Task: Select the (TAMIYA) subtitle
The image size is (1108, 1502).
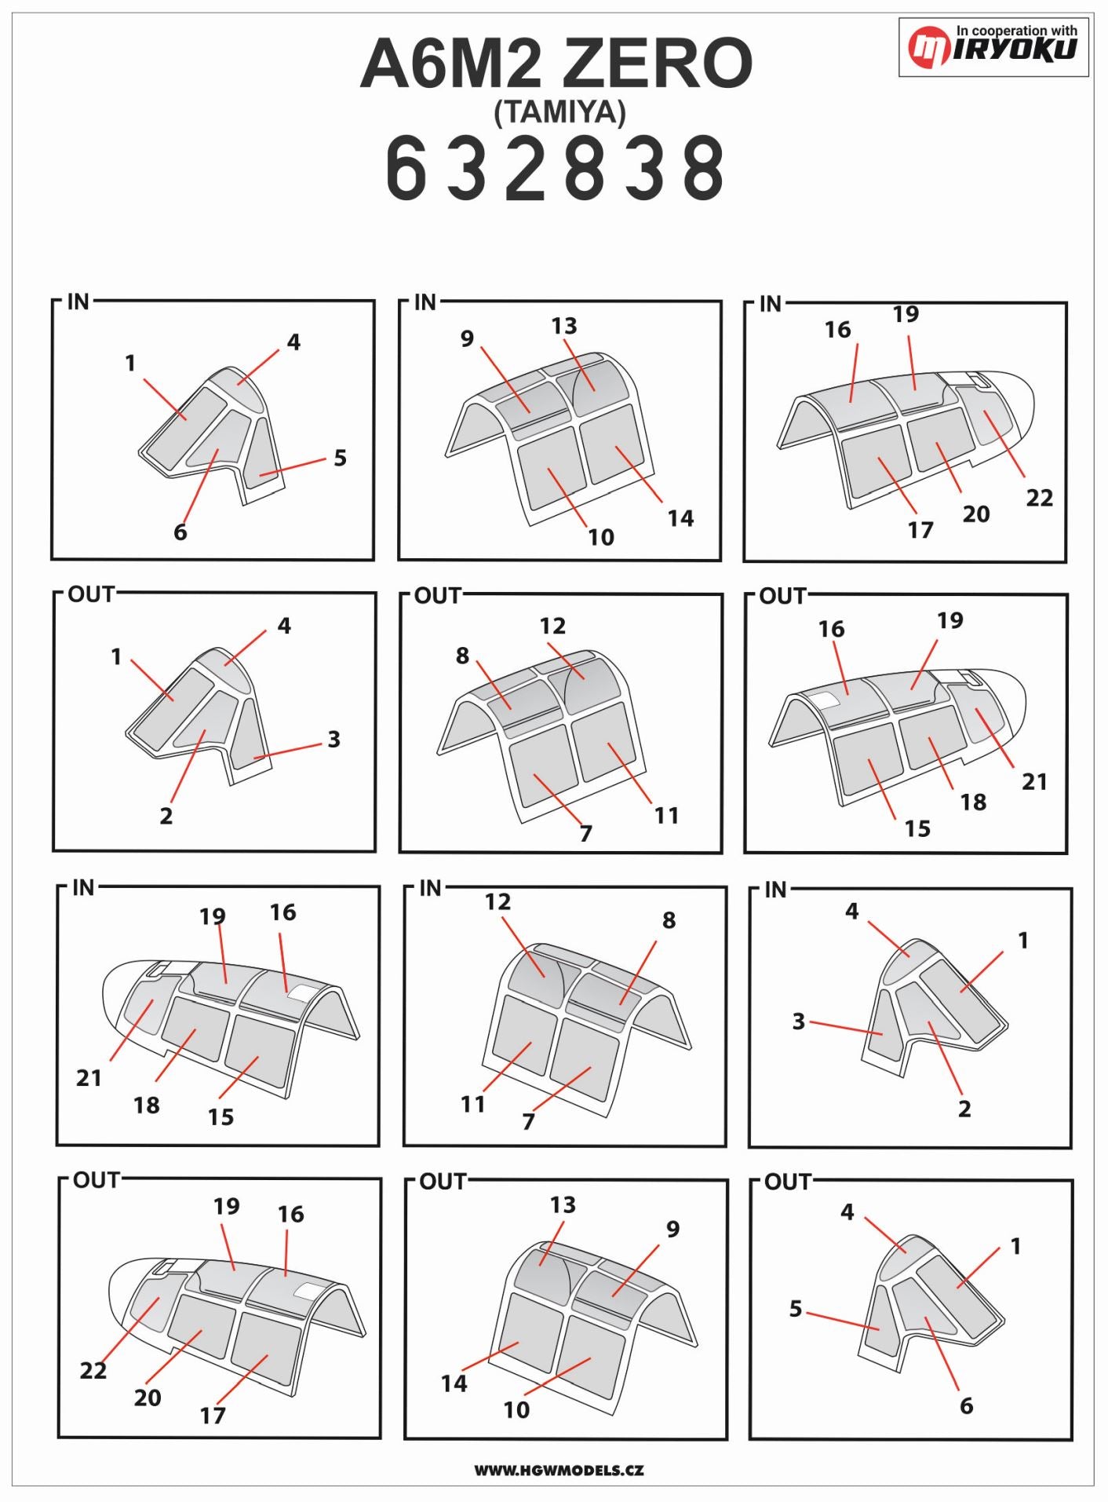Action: (559, 112)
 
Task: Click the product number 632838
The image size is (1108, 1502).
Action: (556, 167)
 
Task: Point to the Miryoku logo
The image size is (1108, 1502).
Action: (993, 46)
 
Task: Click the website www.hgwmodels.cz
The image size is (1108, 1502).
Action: (559, 1470)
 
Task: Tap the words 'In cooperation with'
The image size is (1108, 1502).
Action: (1016, 31)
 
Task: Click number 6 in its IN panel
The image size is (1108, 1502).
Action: (180, 532)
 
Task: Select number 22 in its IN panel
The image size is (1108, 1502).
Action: (1039, 498)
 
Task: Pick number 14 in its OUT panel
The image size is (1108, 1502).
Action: (454, 1383)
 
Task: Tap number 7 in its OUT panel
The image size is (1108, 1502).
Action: (586, 833)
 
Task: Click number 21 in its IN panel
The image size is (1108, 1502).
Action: (89, 1078)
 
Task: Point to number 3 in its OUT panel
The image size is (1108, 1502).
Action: (333, 740)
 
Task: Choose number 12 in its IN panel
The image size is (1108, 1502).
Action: (498, 902)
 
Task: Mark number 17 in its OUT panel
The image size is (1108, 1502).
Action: (213, 1416)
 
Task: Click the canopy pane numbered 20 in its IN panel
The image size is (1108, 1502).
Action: (942, 440)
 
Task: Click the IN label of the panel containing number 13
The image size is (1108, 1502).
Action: (425, 302)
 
